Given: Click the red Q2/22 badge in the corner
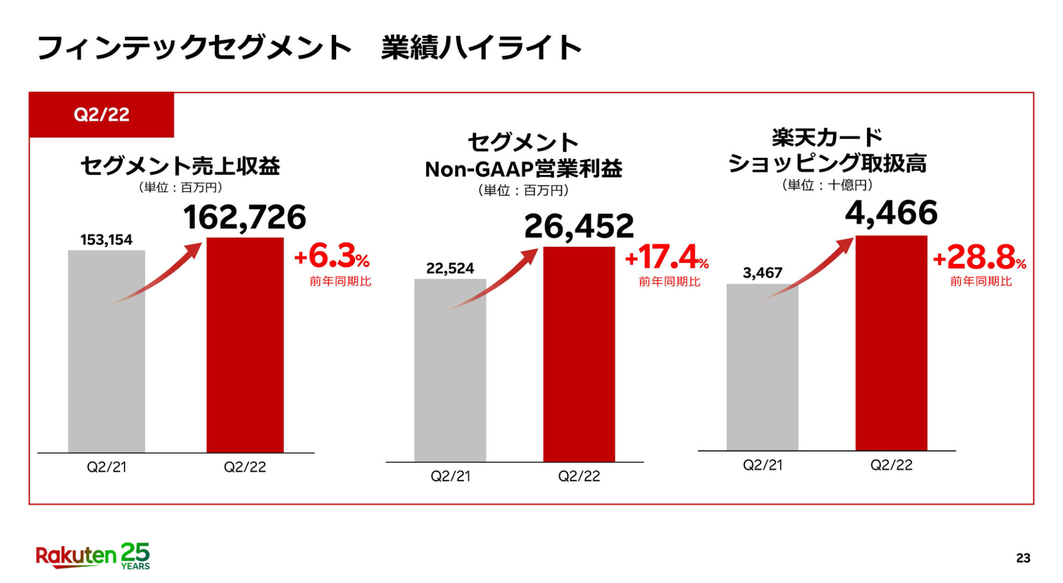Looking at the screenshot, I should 101,115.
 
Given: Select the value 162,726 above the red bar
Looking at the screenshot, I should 244,217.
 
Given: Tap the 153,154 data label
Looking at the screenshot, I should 106,240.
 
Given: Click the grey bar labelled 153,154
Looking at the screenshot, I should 106,352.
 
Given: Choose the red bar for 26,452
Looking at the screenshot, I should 579,354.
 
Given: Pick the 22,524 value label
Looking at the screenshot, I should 450,269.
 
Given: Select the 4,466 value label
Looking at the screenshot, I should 891,213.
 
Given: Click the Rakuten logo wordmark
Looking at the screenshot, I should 76,556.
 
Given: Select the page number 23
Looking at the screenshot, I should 1023,558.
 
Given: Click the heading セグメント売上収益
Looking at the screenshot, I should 180,166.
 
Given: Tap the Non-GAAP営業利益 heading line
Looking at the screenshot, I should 523,169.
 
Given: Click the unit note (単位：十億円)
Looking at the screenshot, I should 827,185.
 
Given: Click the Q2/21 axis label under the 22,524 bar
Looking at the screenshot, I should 450,476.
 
